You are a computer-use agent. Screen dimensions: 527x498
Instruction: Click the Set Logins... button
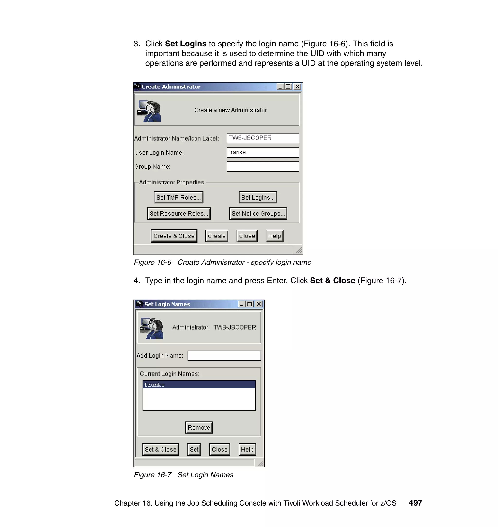point(258,197)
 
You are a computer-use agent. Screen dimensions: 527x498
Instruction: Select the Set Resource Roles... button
point(179,213)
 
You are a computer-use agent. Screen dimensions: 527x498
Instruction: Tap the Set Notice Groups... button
point(258,213)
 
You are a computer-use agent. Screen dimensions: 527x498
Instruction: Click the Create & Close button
point(174,236)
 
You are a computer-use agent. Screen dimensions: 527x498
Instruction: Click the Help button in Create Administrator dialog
point(274,236)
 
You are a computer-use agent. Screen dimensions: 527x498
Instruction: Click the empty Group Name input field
point(263,167)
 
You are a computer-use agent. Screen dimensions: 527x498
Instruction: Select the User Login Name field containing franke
point(263,152)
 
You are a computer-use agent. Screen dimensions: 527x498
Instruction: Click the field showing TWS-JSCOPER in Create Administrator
point(263,138)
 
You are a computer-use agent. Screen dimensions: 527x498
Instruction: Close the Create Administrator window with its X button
point(297,87)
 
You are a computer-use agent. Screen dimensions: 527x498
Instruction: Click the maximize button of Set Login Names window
point(249,304)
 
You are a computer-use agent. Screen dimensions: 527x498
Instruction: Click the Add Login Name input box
point(224,356)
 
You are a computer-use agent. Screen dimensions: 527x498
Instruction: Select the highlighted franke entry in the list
point(199,385)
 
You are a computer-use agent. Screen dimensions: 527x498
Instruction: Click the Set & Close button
point(160,449)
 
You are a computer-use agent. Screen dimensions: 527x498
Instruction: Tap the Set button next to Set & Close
point(194,449)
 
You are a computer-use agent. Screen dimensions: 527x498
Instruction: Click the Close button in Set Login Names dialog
point(220,449)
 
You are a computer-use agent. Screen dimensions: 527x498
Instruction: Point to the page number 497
point(415,503)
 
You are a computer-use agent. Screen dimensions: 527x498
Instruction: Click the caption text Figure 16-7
point(153,475)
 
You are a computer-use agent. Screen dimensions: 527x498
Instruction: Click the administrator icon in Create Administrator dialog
point(149,111)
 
